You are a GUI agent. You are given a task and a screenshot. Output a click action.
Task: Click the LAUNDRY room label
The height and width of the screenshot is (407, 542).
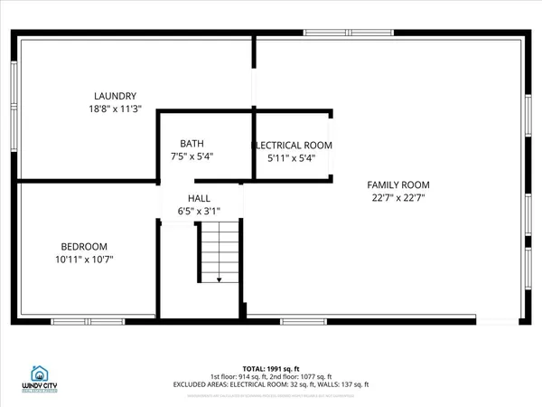point(116,96)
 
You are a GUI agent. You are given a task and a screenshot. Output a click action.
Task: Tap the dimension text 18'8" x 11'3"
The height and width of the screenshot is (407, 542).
point(116,109)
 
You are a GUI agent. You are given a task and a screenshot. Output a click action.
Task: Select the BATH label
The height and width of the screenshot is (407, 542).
point(192,143)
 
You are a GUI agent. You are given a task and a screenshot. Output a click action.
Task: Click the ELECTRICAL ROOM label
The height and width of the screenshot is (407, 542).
point(292,145)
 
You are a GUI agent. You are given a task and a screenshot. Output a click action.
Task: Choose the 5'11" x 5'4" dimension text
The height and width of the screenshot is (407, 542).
point(292,157)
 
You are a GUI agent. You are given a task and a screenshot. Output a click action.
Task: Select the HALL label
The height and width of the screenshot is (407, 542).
point(199,198)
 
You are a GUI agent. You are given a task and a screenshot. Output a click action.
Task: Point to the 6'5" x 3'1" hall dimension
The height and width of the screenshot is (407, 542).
point(199,212)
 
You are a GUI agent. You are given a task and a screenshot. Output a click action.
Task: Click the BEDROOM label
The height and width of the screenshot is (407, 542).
point(84,247)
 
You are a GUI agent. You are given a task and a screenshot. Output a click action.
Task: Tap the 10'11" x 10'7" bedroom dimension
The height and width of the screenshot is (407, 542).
point(84,260)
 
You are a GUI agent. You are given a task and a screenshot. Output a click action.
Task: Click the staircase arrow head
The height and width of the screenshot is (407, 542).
point(219,281)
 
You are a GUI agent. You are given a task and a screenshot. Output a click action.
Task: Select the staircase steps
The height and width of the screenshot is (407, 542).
point(219,253)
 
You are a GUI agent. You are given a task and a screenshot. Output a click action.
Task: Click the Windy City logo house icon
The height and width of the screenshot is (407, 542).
point(39,373)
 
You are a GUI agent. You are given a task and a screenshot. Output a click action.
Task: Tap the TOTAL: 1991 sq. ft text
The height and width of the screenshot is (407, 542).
point(272,367)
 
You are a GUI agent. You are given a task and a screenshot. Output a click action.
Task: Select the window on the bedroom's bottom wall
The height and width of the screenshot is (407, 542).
point(82,321)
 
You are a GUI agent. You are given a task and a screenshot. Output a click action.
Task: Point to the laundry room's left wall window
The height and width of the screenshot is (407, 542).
point(14,100)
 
